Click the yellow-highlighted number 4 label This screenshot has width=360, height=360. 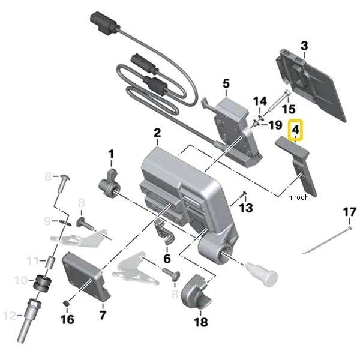click(295, 129)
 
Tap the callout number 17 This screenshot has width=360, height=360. click(349, 212)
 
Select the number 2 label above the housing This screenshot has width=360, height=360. click(157, 133)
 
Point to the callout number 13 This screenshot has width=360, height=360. click(246, 208)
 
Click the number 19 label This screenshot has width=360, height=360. click(274, 125)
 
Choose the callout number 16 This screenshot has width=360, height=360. click(67, 319)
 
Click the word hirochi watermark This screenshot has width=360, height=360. click(298, 197)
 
